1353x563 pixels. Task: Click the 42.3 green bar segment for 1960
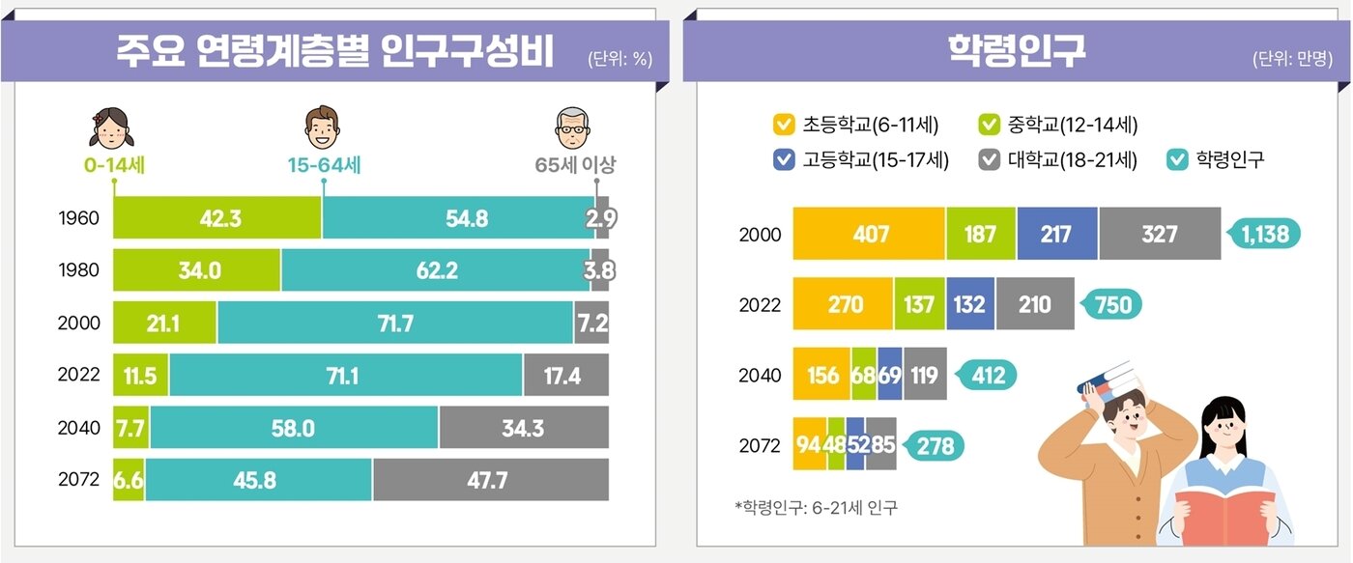(x=217, y=218)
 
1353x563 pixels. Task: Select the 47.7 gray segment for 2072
(x=490, y=480)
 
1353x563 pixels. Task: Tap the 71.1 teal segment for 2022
(x=346, y=375)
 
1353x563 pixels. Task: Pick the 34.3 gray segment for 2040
(x=524, y=427)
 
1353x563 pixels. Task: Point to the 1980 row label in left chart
(x=79, y=270)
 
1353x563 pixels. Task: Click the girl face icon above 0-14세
(x=113, y=126)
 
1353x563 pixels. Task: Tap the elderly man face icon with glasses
(x=573, y=126)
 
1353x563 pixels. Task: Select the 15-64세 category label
(x=324, y=165)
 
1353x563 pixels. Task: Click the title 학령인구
(x=1017, y=52)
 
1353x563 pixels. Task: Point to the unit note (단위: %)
(x=619, y=59)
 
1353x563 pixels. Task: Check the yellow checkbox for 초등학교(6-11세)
(x=784, y=126)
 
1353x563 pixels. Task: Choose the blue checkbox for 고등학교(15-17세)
(x=784, y=159)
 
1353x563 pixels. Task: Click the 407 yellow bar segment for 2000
(x=869, y=234)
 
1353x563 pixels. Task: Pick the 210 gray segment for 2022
(x=1034, y=304)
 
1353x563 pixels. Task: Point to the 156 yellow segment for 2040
(x=821, y=375)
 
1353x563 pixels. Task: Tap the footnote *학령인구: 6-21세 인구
(x=816, y=507)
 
